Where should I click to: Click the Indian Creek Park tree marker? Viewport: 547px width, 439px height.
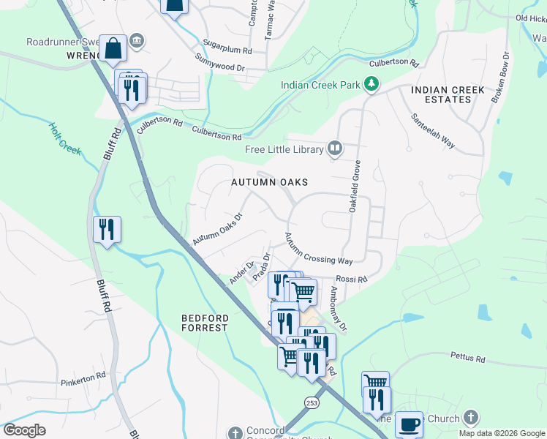point(372,85)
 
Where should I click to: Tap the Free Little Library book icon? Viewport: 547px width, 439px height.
point(335,149)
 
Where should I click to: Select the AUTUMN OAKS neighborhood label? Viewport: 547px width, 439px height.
point(270,181)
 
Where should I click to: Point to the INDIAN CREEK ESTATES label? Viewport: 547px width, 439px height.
point(448,94)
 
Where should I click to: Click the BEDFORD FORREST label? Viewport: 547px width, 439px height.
point(205,323)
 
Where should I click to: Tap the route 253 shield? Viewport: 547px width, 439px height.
point(312,402)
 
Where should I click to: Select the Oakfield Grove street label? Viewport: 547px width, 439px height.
point(355,187)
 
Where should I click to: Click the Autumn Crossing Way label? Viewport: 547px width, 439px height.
point(318,249)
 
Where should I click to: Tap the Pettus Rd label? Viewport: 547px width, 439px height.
point(469,359)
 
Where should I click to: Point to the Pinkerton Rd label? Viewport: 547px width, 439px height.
point(83,382)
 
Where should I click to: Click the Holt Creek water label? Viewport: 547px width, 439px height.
point(65,139)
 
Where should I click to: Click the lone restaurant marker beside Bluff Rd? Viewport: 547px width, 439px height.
point(107,229)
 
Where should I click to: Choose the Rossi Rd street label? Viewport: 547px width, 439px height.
point(351,279)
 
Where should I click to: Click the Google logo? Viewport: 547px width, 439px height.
point(25,430)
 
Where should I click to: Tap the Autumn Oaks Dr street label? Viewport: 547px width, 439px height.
point(216,230)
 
